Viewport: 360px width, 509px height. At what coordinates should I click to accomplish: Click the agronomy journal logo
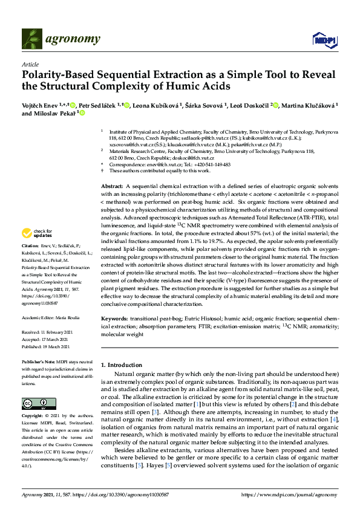(x=61, y=39)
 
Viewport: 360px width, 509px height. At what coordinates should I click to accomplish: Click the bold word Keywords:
(x=114, y=317)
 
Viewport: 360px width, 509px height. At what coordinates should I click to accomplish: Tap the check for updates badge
(x=38, y=233)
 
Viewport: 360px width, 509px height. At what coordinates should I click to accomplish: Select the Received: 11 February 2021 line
(x=47, y=333)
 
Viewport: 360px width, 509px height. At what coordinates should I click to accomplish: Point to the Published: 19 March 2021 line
(x=47, y=348)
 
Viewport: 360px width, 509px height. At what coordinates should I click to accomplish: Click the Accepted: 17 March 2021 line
(x=46, y=340)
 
